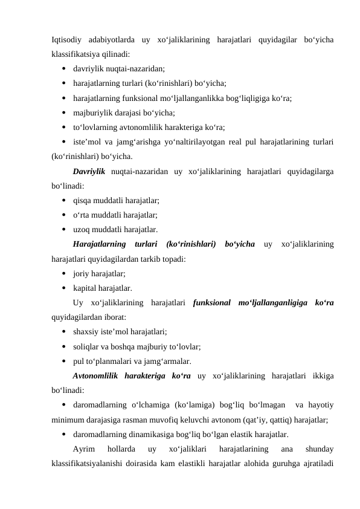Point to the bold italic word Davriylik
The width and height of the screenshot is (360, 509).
click(x=89, y=172)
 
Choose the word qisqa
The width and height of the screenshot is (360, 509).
click(x=83, y=201)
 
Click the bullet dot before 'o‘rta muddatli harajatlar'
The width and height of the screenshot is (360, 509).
click(x=63, y=216)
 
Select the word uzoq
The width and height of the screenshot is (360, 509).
click(x=82, y=230)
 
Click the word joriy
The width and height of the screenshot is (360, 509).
click(x=82, y=274)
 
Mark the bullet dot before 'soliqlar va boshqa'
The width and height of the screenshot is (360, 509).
click(x=63, y=347)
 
